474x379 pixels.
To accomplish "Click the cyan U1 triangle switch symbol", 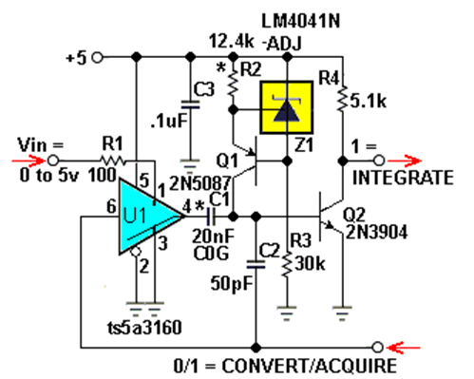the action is [149, 217].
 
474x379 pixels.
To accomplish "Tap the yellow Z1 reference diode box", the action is [287, 107].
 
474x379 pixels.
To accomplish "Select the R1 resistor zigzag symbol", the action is [112, 161].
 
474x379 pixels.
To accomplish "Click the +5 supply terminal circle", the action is [98, 58].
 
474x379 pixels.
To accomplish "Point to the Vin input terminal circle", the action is [53, 161].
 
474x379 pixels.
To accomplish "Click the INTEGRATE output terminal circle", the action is [379, 161].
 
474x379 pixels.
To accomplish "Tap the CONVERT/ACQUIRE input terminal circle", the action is [377, 348].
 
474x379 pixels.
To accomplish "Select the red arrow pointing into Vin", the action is [28, 161].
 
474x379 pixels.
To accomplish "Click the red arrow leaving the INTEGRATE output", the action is [404, 161].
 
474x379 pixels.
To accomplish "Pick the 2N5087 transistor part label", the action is [200, 183].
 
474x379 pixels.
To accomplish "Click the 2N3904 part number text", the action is [376, 232].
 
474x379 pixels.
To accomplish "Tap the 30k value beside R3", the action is [310, 263].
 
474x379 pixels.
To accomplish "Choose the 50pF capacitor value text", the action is [232, 283].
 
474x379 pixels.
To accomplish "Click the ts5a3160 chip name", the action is [144, 328].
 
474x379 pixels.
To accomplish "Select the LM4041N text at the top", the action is [301, 22].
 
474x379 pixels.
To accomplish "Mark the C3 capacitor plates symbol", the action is [190, 104].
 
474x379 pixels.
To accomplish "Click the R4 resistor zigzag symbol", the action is [342, 98].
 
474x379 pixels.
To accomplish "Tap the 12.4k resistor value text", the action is [231, 41].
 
